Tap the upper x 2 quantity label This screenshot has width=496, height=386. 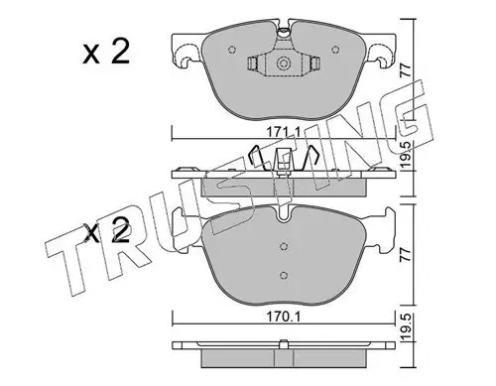106,53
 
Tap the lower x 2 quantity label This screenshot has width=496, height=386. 106,231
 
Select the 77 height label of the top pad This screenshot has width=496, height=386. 406,70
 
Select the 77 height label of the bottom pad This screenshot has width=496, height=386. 406,255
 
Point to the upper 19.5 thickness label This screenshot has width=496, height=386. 406,154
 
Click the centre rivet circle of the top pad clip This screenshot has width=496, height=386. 283,63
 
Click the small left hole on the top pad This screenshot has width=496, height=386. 232,50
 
